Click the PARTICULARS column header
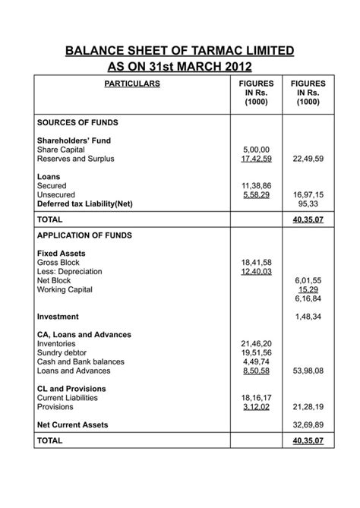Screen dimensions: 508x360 click(132, 84)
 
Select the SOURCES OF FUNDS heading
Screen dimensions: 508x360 click(77, 122)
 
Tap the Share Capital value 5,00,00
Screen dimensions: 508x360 click(256, 150)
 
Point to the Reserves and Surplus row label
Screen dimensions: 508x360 click(75, 159)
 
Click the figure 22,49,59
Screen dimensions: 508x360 click(308, 159)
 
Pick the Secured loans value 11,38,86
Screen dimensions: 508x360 click(256, 186)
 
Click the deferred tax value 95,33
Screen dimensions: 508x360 click(308, 204)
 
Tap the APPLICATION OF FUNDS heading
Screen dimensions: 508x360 click(84, 235)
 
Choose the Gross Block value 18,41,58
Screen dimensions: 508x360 click(256, 262)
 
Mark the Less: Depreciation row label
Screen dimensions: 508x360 click(69, 271)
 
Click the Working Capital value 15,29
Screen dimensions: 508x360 click(308, 289)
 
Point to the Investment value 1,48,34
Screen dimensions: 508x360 click(308, 317)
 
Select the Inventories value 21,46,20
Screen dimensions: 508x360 click(256, 344)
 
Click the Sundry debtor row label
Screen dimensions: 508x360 click(65, 353)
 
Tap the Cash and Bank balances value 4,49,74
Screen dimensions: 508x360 click(256, 362)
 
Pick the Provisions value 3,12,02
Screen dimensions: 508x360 click(256, 407)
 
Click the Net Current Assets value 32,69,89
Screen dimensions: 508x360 click(308, 425)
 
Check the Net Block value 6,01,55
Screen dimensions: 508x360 click(308, 280)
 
